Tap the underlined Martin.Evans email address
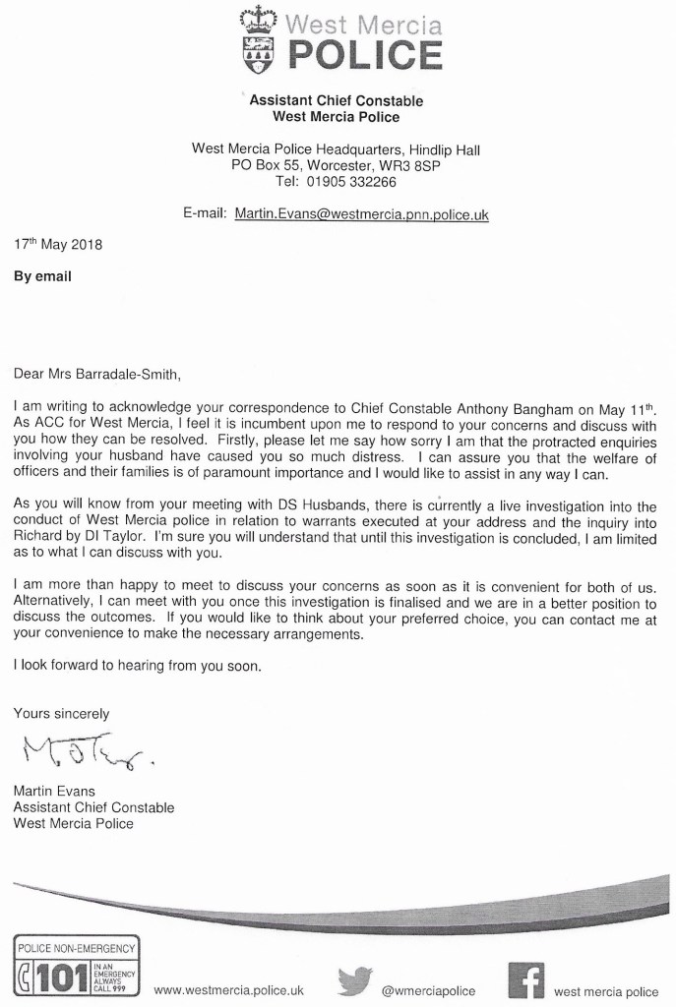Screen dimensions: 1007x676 point(362,213)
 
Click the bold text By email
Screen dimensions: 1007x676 point(42,276)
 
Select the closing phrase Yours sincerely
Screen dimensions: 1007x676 point(61,714)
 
